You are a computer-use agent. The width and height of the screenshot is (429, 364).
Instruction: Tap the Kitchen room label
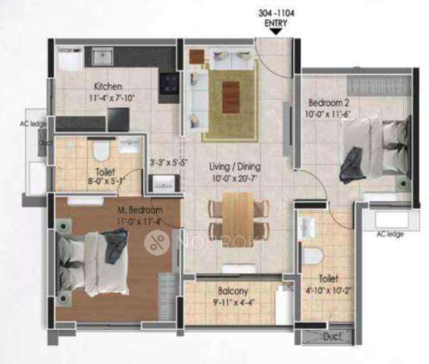click(x=108, y=86)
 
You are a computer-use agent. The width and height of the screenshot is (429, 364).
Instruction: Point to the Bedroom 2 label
click(x=327, y=102)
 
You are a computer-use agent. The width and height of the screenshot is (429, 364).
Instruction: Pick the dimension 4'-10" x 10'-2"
click(x=327, y=289)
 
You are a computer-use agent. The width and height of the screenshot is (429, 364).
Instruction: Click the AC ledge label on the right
click(x=390, y=234)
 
